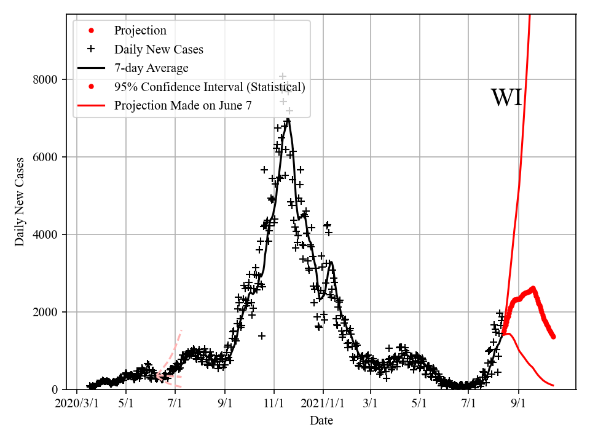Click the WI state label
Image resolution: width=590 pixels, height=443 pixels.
coord(506,98)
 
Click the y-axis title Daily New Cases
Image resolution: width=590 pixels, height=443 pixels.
coord(20,202)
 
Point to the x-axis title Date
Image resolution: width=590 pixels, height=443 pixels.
coord(321,420)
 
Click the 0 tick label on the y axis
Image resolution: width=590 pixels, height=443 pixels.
coord(54,389)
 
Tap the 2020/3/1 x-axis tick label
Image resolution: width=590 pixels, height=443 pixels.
coord(77,404)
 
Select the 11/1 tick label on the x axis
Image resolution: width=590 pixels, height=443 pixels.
coord(273,404)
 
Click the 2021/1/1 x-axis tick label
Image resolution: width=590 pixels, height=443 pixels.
coord(323,404)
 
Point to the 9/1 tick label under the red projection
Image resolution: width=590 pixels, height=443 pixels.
coord(518,404)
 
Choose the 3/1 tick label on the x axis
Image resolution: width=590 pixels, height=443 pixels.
coord(371,404)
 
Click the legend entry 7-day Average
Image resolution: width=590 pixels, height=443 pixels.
coord(151,68)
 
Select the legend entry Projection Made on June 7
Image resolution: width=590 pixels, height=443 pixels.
coord(183,106)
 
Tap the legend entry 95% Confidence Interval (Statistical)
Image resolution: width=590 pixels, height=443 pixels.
coord(210,87)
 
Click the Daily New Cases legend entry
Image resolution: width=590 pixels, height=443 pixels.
coord(159,49)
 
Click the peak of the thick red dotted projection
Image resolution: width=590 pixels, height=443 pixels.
coord(532,288)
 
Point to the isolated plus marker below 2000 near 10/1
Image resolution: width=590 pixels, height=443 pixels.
coord(262,336)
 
